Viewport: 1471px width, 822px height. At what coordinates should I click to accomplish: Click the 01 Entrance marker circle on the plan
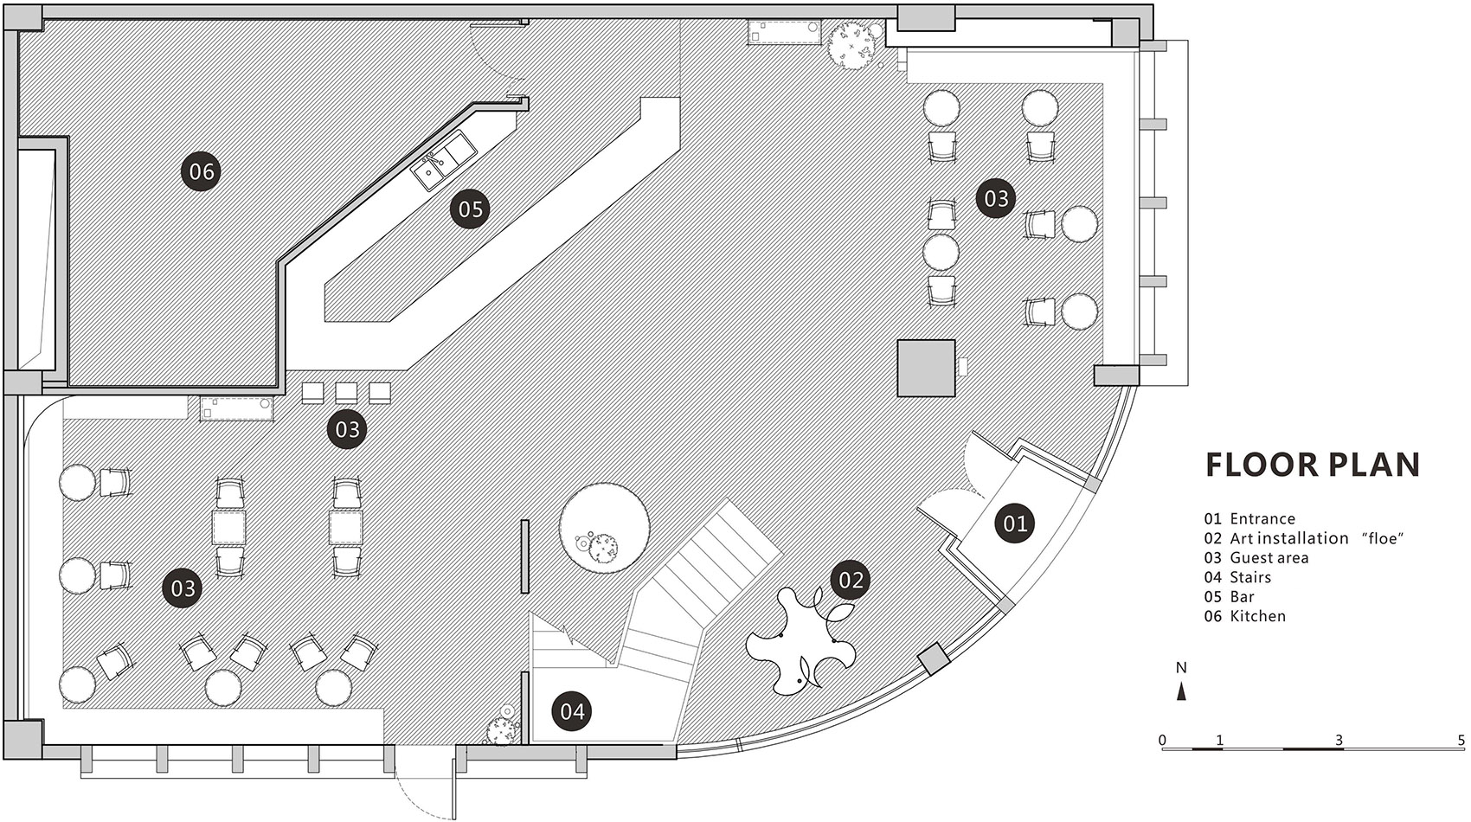pyautogui.click(x=1015, y=523)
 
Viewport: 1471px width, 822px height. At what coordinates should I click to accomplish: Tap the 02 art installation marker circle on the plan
pyautogui.click(x=851, y=580)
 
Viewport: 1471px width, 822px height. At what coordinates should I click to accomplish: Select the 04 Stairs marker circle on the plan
pyautogui.click(x=572, y=711)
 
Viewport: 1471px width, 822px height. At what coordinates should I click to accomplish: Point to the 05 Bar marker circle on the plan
pyautogui.click(x=470, y=209)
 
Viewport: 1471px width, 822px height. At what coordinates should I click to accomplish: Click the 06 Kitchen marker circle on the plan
pyautogui.click(x=201, y=171)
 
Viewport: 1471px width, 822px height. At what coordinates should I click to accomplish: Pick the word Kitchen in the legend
pyautogui.click(x=1257, y=616)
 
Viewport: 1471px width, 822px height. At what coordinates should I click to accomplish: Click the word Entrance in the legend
pyautogui.click(x=1262, y=518)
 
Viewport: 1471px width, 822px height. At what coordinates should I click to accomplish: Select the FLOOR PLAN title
pyautogui.click(x=1313, y=465)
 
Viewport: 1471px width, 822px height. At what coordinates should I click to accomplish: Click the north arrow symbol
pyautogui.click(x=1181, y=691)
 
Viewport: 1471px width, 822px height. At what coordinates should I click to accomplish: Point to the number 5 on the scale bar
pyautogui.click(x=1461, y=741)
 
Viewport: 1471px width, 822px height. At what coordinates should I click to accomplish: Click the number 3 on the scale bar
pyautogui.click(x=1339, y=741)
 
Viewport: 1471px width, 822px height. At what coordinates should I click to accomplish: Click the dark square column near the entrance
pyautogui.click(x=926, y=368)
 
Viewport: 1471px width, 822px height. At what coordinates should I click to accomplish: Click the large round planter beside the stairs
pyautogui.click(x=604, y=528)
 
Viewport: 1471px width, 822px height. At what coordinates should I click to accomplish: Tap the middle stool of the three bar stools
pyautogui.click(x=346, y=393)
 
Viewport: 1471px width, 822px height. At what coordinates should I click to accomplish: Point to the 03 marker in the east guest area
pyautogui.click(x=996, y=197)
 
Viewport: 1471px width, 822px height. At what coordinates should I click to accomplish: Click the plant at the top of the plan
pyautogui.click(x=851, y=45)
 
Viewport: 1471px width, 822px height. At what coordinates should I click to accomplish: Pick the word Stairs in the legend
pyautogui.click(x=1250, y=577)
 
